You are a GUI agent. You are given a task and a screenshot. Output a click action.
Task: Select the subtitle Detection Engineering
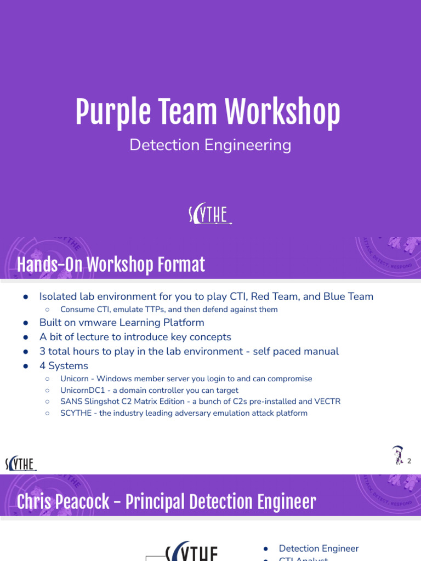210,145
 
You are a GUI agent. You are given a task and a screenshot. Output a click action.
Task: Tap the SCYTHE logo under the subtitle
210,215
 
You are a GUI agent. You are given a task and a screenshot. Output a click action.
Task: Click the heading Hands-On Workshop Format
111,265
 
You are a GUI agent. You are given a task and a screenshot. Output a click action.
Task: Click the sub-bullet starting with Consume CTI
169,310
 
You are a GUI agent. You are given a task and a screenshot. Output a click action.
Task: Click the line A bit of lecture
135,337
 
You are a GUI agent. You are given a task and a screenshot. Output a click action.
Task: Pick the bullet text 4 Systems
64,365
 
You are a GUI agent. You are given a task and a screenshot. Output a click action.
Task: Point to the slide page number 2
409,461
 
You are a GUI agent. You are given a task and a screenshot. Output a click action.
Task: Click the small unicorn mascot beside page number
397,455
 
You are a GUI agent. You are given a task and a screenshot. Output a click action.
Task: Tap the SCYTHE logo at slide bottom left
21,463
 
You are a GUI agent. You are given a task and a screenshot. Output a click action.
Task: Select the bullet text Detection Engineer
318,548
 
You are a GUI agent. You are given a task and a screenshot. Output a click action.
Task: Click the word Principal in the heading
156,502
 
